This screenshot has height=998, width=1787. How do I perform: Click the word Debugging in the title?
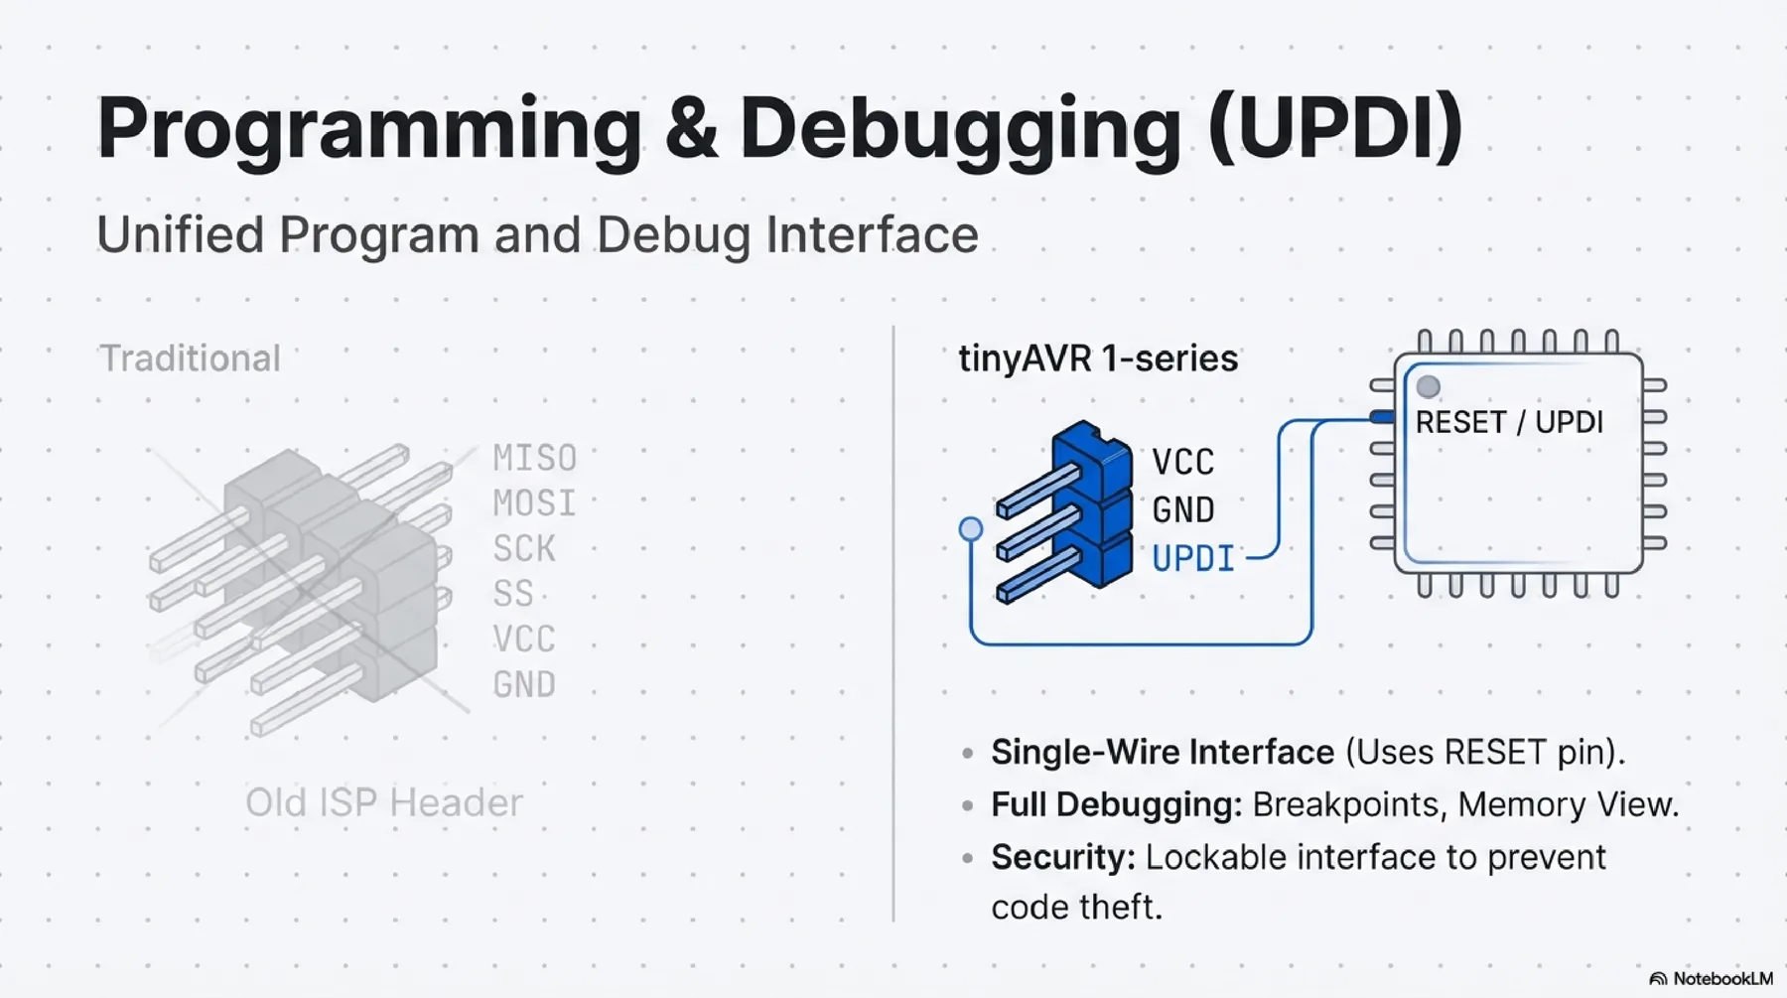(961, 129)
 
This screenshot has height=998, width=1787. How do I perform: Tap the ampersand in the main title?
(691, 129)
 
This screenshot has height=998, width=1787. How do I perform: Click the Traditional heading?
(190, 358)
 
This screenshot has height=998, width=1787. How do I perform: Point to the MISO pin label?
(534, 459)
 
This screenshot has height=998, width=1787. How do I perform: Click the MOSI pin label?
(534, 503)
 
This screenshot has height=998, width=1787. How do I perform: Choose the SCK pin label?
(524, 549)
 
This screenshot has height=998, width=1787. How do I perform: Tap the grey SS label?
(513, 594)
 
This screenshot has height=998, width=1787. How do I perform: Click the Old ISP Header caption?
(383, 802)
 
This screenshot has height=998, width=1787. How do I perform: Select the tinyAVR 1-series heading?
(1098, 358)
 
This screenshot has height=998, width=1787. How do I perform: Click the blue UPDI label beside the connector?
(1193, 559)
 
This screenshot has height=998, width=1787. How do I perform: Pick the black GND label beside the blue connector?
(1183, 510)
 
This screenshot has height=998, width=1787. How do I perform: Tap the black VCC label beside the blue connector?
(1183, 463)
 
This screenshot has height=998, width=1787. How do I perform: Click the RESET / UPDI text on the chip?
(1509, 422)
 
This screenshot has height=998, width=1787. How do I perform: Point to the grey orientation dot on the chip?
(1429, 386)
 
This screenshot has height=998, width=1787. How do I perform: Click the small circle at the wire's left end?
(971, 529)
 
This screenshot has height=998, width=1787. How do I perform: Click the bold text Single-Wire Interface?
(1163, 752)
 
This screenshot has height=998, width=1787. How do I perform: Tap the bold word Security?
(1062, 857)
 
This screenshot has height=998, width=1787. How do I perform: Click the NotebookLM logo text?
(1721, 979)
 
